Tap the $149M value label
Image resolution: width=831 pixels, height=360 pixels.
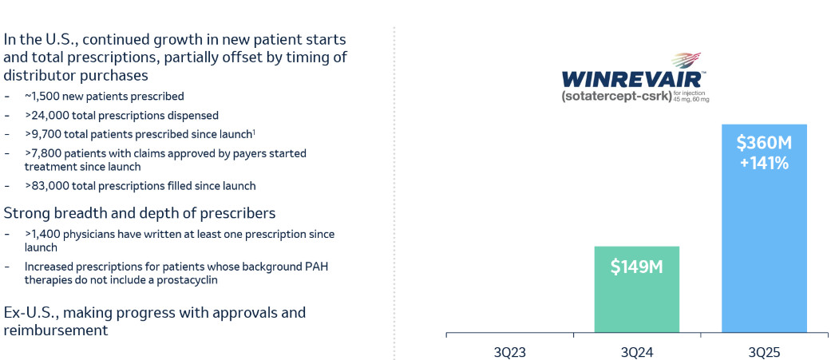click(637, 267)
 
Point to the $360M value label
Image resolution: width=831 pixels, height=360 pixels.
click(763, 143)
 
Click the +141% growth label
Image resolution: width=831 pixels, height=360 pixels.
click(763, 164)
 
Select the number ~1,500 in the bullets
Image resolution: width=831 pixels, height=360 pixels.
click(42, 96)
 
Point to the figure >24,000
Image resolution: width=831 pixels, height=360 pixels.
click(45, 115)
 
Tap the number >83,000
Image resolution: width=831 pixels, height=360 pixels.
click(45, 186)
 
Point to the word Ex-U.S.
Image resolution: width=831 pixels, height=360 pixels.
click(27, 312)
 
